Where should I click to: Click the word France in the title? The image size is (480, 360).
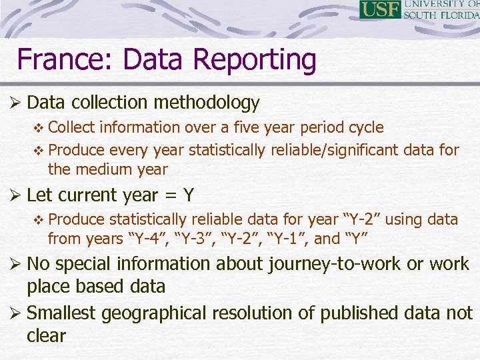tap(58, 59)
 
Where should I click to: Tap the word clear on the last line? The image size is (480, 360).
tap(47, 335)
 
